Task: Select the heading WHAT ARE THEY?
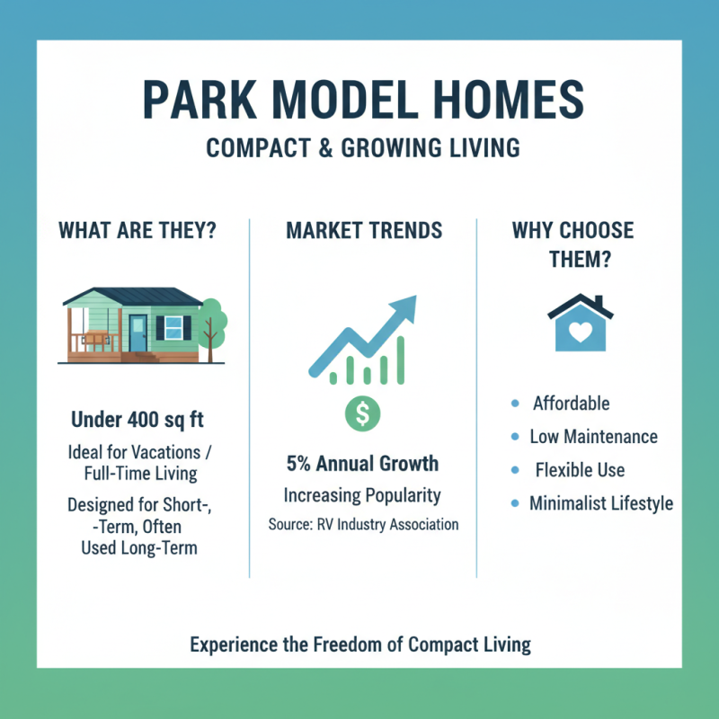coord(137,230)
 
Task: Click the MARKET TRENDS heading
coord(364,230)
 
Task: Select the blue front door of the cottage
coord(138,333)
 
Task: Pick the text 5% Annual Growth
coord(363,464)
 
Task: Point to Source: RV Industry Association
coord(363,524)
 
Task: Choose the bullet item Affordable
coord(571,404)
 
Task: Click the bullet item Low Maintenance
coord(594,437)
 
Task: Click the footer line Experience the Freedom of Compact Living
coord(360,644)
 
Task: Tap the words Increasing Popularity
coord(363,495)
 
